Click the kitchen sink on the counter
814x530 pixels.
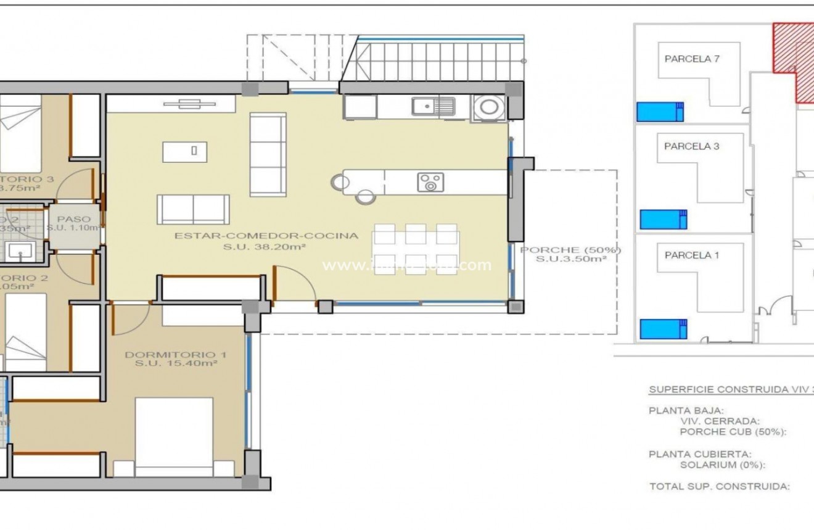click(x=434, y=107)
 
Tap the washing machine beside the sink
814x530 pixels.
click(x=489, y=107)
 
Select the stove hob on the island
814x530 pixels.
click(x=430, y=183)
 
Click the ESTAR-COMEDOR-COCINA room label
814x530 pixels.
click(x=266, y=235)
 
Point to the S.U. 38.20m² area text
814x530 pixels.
click(x=266, y=246)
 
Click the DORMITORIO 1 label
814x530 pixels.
click(x=176, y=355)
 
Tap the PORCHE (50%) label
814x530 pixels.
click(x=570, y=250)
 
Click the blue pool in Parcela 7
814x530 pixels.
click(x=660, y=112)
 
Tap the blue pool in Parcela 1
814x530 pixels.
click(x=664, y=329)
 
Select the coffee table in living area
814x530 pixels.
click(x=184, y=151)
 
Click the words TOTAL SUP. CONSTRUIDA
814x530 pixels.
click(x=719, y=486)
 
